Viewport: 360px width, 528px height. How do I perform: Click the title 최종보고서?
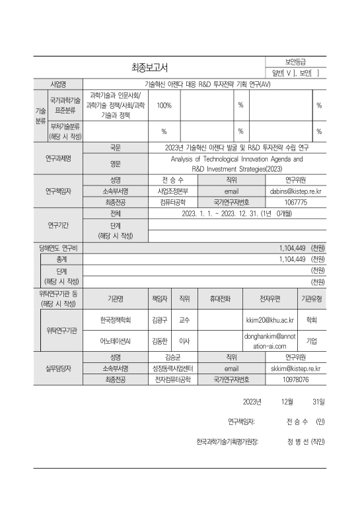(150, 67)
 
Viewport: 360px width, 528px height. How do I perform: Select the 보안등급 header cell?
(295, 61)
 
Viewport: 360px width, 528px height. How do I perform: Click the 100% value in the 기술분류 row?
(164, 106)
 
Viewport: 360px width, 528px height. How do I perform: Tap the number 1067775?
(295, 203)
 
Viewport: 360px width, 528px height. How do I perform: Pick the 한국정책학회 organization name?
(116, 319)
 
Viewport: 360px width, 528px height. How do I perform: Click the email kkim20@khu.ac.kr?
(270, 319)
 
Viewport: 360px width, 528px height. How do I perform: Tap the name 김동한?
(159, 341)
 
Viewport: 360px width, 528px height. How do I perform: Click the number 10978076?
(295, 380)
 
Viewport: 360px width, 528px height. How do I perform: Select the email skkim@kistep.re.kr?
(295, 369)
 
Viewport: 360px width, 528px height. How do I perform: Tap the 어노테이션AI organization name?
(116, 341)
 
